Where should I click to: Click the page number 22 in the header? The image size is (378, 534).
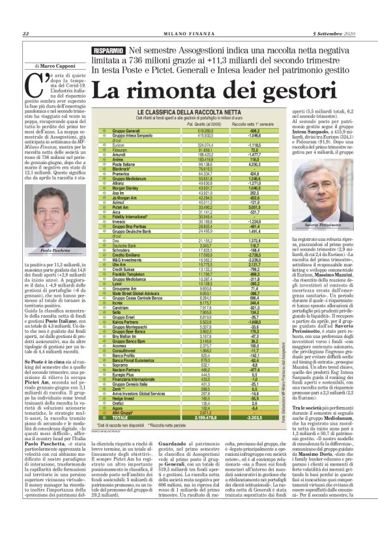(25, 34)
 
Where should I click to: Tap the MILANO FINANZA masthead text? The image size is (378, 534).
(189, 34)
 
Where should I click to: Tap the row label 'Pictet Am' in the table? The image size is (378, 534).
(123, 208)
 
